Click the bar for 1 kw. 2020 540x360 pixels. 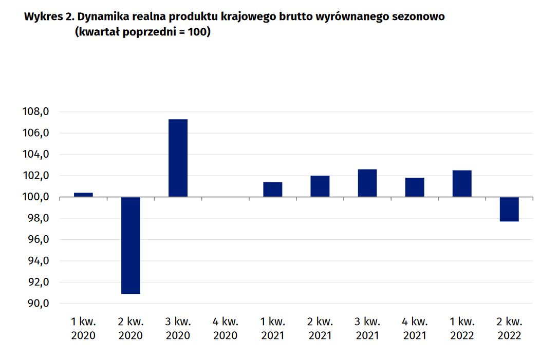pyautogui.click(x=83, y=195)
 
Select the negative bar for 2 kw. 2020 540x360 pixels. pyautogui.click(x=131, y=245)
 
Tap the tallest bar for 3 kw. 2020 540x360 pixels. pyautogui.click(x=178, y=158)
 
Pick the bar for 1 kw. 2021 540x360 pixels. pyautogui.click(x=272, y=190)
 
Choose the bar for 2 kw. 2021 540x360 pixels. pyautogui.click(x=320, y=186)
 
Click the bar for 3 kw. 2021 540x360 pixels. pyautogui.click(x=367, y=183)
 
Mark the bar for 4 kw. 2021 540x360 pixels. pyautogui.click(x=414, y=187)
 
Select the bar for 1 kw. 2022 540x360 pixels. pyautogui.click(x=461, y=184)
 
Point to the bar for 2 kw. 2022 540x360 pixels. pyautogui.click(x=509, y=209)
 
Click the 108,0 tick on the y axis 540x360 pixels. pyautogui.click(x=36, y=112)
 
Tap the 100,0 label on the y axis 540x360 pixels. pyautogui.click(x=36, y=197)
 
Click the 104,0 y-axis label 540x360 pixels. pyautogui.click(x=36, y=155)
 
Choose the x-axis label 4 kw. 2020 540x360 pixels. pyautogui.click(x=225, y=329)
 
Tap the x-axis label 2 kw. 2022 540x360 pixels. pyautogui.click(x=509, y=329)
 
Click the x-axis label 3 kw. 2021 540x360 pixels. pyautogui.click(x=367, y=329)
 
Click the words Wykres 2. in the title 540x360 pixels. pyautogui.click(x=48, y=17)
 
